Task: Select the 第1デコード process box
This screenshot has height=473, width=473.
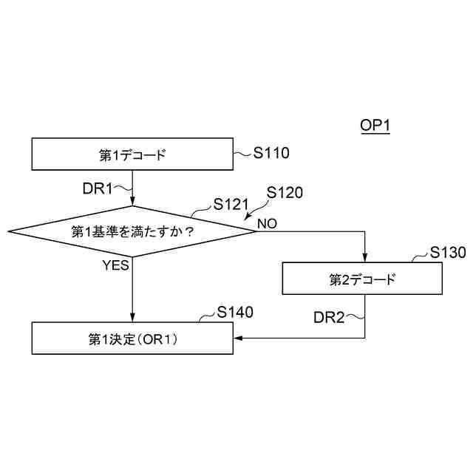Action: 132,154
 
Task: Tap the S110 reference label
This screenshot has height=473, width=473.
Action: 271,154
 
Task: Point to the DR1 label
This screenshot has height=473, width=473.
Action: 97,188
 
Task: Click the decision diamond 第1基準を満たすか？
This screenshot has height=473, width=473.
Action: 132,231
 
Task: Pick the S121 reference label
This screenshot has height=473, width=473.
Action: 230,203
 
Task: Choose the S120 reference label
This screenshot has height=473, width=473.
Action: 285,192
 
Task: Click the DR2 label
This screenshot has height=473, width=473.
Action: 329,318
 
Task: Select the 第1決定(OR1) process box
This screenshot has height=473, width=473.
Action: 132,338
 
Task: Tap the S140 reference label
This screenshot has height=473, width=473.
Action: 236,312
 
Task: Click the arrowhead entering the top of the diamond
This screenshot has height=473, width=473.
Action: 132,203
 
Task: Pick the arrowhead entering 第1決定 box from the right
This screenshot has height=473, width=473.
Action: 238,338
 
